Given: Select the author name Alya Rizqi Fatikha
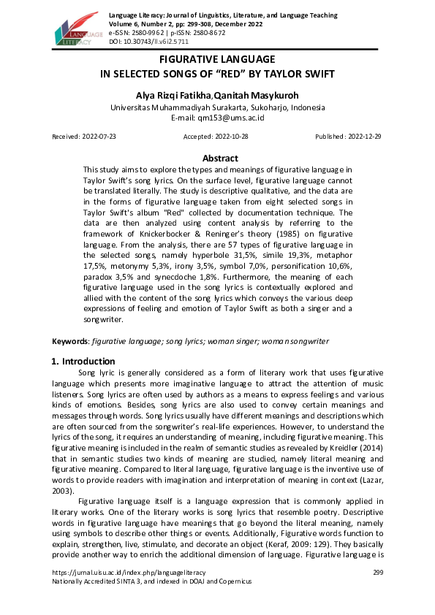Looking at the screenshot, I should click(x=177, y=95).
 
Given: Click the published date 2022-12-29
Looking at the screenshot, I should click(x=362, y=137).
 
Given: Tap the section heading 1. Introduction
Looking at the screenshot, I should click(x=83, y=361).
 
